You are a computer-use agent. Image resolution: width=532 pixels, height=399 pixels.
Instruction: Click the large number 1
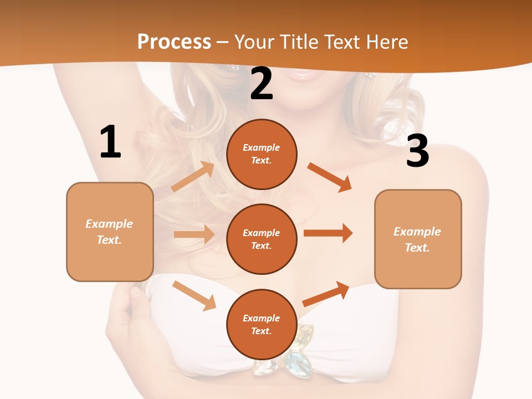click(x=110, y=142)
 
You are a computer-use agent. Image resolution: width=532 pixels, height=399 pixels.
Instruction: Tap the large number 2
click(x=262, y=84)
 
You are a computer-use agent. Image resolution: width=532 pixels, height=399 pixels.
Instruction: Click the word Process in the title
click(x=174, y=42)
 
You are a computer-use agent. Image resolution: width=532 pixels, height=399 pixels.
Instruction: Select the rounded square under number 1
click(x=110, y=232)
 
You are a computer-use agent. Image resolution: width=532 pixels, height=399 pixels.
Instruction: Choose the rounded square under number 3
click(x=418, y=239)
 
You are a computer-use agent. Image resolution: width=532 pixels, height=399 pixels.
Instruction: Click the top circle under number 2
click(x=262, y=154)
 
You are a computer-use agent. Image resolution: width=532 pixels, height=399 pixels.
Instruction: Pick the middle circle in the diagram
click(x=262, y=239)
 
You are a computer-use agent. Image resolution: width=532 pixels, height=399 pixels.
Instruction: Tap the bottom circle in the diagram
click(x=262, y=324)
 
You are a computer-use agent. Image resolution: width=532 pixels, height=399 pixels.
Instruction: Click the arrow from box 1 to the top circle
click(x=193, y=176)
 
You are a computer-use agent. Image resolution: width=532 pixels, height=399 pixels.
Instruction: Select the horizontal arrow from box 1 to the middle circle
click(x=194, y=234)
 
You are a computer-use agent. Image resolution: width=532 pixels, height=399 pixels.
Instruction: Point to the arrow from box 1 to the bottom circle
click(x=195, y=295)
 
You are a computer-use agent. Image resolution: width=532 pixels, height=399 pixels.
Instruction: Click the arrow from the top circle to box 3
click(x=330, y=177)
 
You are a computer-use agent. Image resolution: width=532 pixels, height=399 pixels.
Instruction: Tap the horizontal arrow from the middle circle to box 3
click(x=328, y=233)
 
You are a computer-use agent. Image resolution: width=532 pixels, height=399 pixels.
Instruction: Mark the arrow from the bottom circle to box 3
click(x=326, y=294)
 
